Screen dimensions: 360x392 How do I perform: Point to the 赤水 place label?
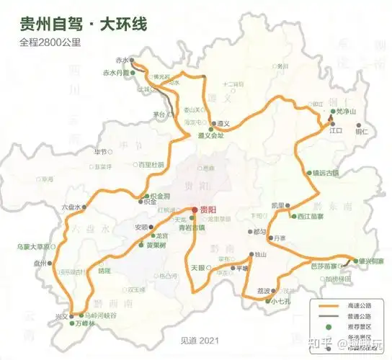(x=120, y=60)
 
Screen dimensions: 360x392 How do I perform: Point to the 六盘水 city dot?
(x=84, y=207)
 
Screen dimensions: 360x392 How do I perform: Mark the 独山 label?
(x=261, y=254)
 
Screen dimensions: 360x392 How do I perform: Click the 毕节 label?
(x=100, y=152)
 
